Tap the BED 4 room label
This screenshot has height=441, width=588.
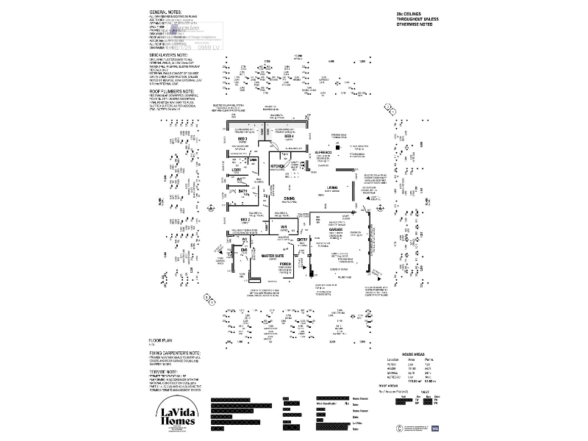tap(289, 137)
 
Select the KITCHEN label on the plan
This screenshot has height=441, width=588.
tap(277, 167)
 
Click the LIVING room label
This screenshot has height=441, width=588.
tap(332, 187)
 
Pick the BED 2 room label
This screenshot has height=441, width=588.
tap(245, 220)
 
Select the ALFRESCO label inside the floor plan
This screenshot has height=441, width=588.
tap(326, 152)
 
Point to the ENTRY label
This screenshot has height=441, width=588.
tap(302, 239)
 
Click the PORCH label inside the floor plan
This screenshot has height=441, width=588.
tap(285, 262)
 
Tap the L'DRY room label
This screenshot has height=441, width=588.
tap(237, 170)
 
